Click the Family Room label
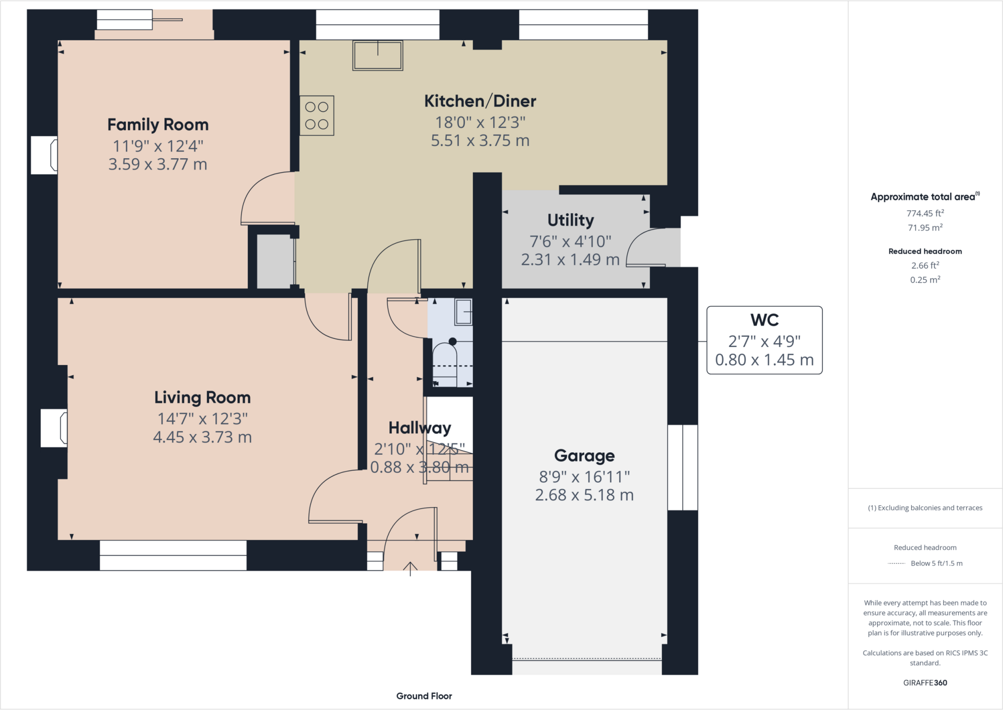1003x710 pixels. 158,124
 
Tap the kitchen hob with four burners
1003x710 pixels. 317,116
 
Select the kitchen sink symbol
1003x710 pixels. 378,55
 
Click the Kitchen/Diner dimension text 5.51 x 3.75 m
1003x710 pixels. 480,141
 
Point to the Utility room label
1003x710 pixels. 570,220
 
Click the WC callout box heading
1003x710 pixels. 764,320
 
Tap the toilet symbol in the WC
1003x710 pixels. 445,360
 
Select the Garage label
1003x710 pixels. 584,456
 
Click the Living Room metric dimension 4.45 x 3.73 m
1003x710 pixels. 202,437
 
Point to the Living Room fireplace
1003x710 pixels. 54,428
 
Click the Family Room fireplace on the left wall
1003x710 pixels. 45,155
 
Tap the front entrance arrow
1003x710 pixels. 410,568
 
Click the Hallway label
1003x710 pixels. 419,428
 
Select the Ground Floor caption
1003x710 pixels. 424,696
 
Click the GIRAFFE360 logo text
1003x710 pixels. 925,683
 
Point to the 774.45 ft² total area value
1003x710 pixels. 925,213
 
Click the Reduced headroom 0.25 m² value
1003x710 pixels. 925,280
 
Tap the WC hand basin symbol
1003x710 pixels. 463,312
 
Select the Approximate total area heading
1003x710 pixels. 924,197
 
